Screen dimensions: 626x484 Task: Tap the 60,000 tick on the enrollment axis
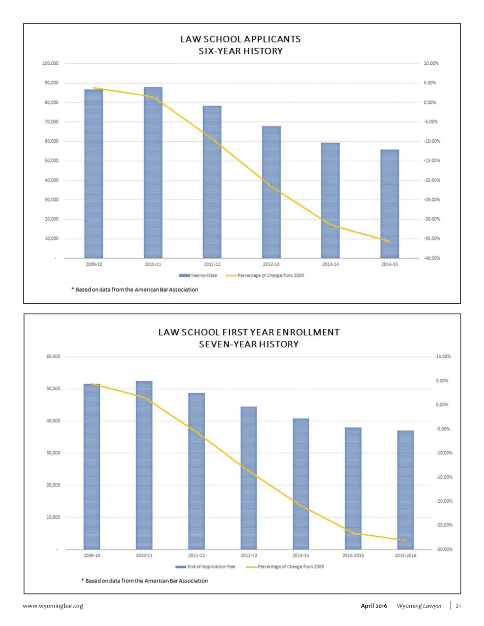point(53,356)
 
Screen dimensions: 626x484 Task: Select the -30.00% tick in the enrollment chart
point(444,549)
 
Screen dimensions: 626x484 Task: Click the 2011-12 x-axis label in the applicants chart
point(212,264)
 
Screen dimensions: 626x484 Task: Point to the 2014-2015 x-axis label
point(353,556)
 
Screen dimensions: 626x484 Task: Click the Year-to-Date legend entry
point(199,275)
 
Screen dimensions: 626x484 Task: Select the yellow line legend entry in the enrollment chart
point(285,566)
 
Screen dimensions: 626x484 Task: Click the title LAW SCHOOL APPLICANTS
point(240,39)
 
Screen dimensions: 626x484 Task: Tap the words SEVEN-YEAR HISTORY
point(249,344)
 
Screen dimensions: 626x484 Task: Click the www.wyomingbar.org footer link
point(53,606)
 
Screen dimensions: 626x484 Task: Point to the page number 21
point(458,606)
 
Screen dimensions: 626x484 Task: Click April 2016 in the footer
point(374,606)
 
